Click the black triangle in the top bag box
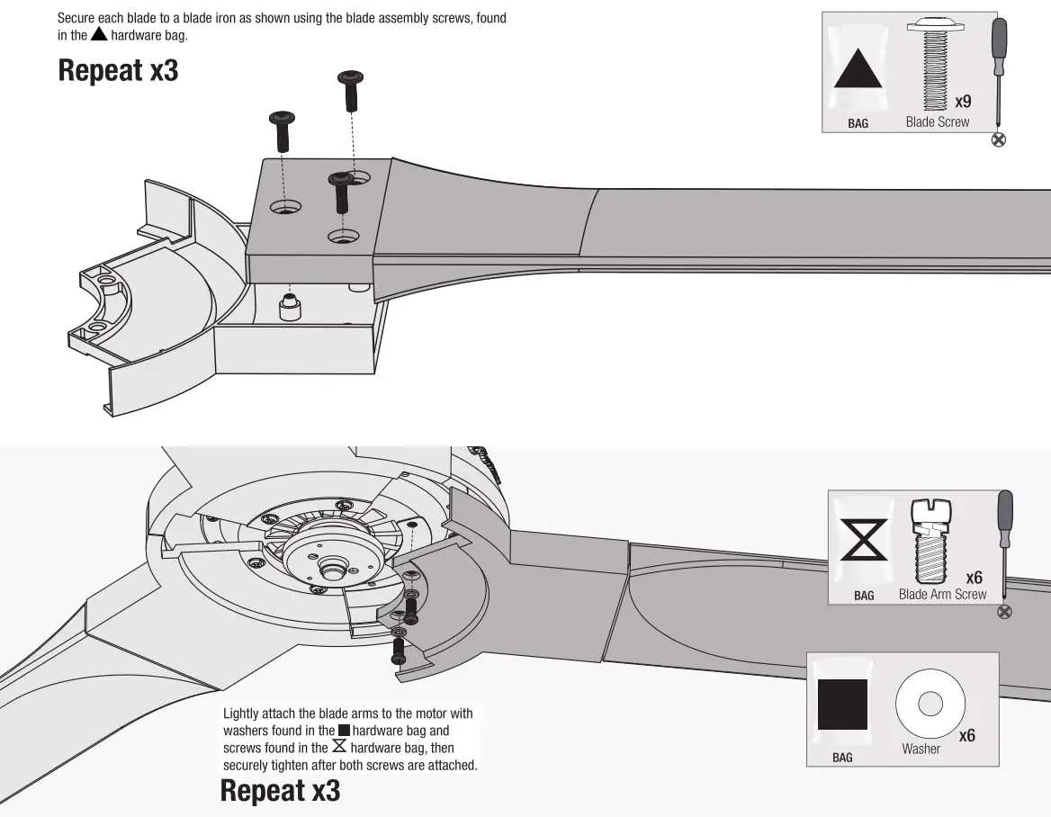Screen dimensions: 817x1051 pos(858,68)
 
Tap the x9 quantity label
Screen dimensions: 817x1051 pos(962,102)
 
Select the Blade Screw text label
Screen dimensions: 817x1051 pos(937,122)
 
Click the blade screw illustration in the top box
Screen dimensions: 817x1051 pos(938,63)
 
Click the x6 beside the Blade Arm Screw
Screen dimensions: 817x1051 pos(974,577)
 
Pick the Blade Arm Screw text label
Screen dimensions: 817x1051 pos(942,595)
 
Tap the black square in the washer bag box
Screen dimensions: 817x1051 pos(842,704)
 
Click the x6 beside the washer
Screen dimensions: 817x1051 pos(966,736)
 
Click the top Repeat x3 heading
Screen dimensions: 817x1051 pos(118,70)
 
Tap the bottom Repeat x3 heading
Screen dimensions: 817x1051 pos(280,791)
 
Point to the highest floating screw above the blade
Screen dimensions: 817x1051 pos(349,91)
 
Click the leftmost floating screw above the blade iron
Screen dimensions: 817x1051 pos(282,130)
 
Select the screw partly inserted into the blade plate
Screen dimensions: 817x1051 pos(340,191)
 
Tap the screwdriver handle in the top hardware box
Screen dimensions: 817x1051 pos(999,49)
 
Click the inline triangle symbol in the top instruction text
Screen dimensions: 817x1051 pos(99,34)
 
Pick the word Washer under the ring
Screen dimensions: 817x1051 pos(921,749)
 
